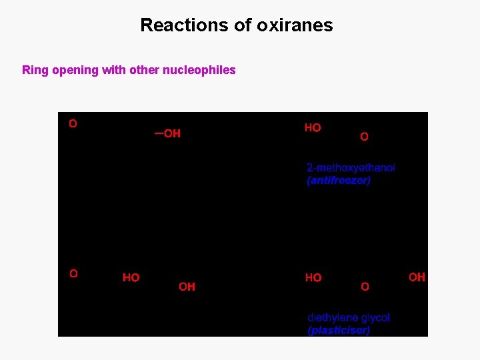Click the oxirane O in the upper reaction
[73, 123]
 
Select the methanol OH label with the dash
[169, 134]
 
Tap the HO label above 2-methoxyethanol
[313, 128]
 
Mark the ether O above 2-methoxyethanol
[364, 137]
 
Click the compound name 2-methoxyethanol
[351, 168]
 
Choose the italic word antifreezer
[339, 181]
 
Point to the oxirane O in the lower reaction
[73, 273]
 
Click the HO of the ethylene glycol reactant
[131, 278]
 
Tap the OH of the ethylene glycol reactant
[187, 287]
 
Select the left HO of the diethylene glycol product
[313, 278]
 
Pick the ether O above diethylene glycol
[365, 287]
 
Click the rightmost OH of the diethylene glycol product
[417, 277]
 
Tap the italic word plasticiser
[339, 330]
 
